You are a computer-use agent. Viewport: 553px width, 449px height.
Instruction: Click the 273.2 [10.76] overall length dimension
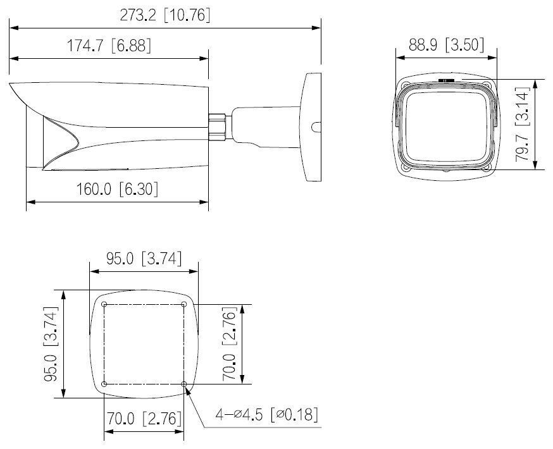(x=165, y=16)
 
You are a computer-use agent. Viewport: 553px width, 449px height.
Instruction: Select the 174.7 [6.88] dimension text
(x=109, y=46)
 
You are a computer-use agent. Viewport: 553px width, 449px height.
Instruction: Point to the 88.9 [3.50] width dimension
(x=447, y=45)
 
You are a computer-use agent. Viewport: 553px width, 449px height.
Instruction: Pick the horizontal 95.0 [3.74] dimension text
(x=144, y=258)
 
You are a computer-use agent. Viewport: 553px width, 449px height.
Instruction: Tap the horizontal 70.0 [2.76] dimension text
(x=144, y=419)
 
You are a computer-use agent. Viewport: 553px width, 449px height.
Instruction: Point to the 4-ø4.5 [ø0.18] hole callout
(x=266, y=415)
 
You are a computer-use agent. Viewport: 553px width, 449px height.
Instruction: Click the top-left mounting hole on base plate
(x=104, y=304)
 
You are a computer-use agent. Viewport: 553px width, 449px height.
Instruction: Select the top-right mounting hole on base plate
(x=183, y=304)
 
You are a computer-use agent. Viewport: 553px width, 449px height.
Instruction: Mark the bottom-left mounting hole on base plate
(x=104, y=384)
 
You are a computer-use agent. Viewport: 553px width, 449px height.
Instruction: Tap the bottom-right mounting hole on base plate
(x=183, y=384)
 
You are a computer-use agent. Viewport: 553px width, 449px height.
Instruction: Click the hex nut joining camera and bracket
(x=218, y=125)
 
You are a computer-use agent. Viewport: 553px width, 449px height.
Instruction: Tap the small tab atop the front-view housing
(x=446, y=80)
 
